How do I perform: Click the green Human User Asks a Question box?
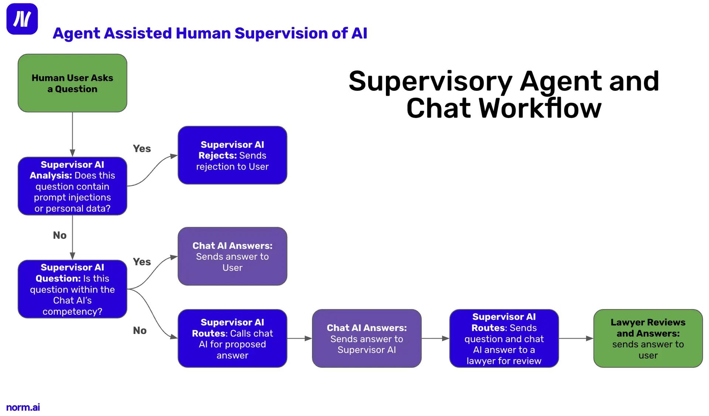click(72, 83)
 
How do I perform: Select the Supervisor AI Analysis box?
click(72, 186)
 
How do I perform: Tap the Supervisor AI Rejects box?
click(232, 155)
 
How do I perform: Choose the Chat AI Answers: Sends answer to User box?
click(232, 256)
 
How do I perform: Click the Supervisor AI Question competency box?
click(72, 289)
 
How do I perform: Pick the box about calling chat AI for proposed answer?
click(232, 338)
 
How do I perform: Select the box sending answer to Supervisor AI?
click(366, 338)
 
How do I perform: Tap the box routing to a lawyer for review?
click(504, 338)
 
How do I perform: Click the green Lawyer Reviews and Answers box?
click(648, 338)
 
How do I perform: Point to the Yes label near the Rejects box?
click(142, 149)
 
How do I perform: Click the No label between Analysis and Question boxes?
click(60, 235)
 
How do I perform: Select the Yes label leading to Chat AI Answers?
click(142, 262)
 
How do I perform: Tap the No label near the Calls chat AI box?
click(140, 330)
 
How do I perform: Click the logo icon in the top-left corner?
click(22, 19)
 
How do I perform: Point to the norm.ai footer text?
click(23, 407)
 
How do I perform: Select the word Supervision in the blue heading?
click(281, 33)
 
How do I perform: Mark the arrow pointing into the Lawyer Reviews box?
click(576, 338)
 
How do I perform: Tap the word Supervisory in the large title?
click(430, 81)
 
